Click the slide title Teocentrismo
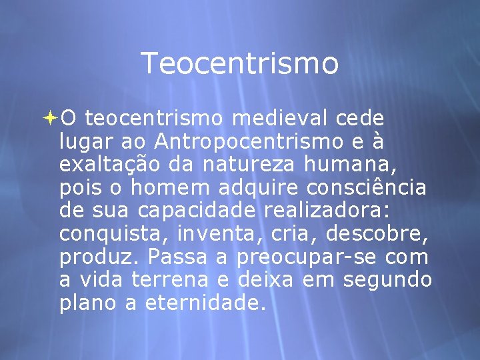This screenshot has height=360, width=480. click(x=240, y=64)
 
